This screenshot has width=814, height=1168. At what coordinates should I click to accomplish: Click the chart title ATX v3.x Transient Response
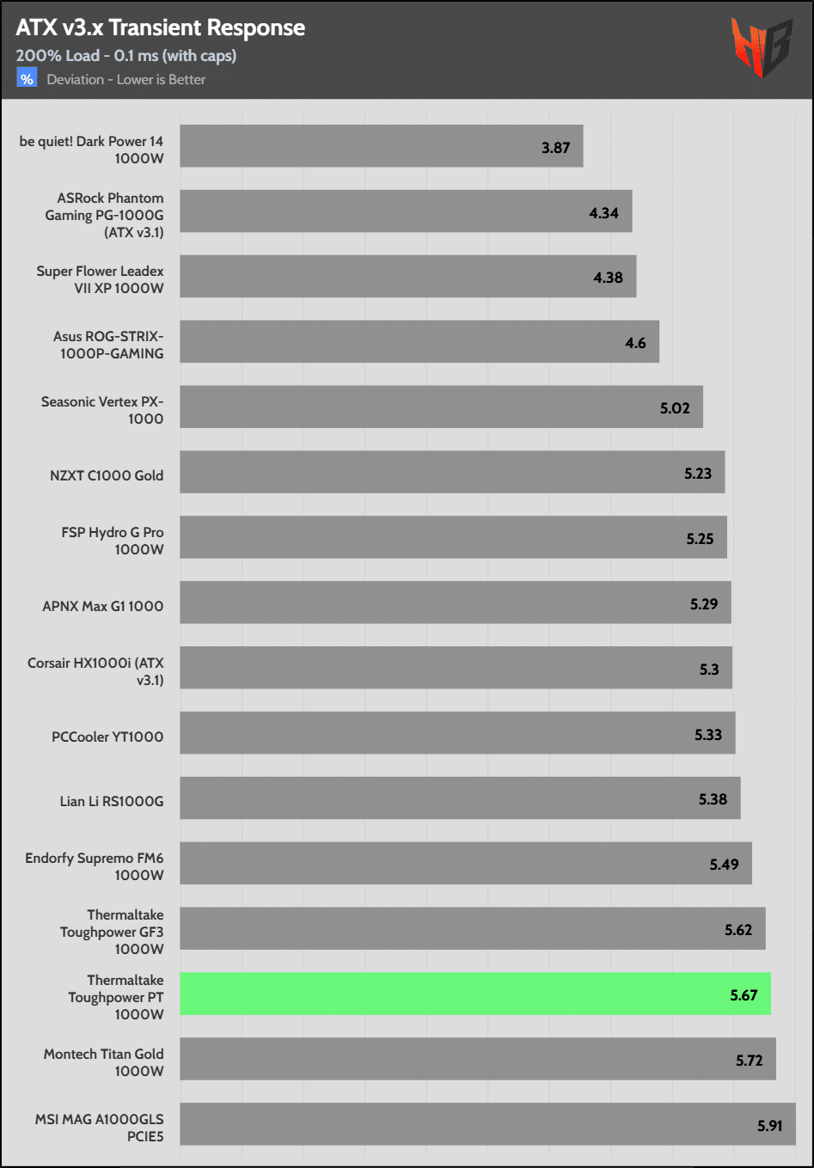coord(160,28)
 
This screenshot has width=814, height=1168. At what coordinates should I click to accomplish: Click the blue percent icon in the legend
coord(27,79)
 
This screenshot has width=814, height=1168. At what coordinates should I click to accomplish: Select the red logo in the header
coord(761,46)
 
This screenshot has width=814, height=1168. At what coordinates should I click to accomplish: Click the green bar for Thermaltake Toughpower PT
coord(474,994)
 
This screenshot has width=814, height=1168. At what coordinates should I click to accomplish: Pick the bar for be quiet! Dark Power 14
coord(381,146)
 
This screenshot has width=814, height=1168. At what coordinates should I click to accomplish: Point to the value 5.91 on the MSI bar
coord(769,1125)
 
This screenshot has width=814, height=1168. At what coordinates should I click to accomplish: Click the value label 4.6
coord(635,343)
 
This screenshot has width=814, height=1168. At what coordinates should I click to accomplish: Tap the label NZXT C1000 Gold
coord(107,475)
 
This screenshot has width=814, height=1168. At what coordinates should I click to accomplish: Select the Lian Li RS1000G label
coord(111,801)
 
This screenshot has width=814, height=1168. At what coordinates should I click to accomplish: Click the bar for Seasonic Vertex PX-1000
coord(441,407)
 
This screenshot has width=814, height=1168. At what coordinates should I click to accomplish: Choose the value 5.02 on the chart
coord(675,408)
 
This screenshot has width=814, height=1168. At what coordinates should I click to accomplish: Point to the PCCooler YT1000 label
coord(107,737)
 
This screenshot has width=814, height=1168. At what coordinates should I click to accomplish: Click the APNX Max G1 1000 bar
coord(455,602)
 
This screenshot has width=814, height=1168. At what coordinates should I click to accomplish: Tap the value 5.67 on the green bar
coord(744,995)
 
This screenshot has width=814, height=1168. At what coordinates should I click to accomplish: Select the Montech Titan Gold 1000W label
coord(104,1062)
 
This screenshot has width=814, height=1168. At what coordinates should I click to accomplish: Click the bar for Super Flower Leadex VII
coord(407,276)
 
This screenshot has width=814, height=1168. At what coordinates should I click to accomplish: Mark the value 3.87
coord(555,148)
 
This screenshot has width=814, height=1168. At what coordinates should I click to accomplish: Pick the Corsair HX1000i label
coord(95,671)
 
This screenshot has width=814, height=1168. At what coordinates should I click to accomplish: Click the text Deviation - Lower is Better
coord(126,80)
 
